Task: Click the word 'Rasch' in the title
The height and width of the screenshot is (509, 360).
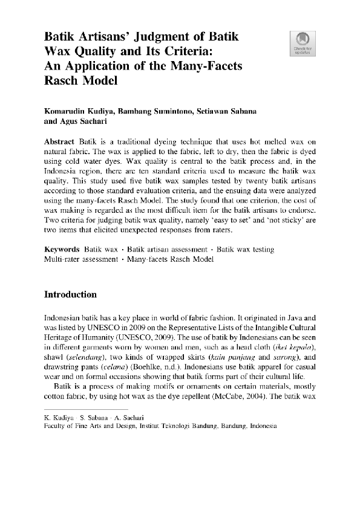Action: point(63,79)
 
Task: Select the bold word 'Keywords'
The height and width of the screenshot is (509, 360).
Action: point(62,249)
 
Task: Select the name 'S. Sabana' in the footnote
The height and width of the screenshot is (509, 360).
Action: point(100,417)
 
